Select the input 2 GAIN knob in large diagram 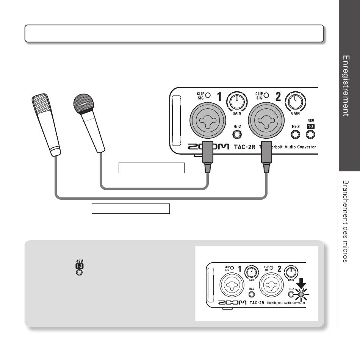click(295, 102)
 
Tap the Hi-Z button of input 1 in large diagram click(237, 134)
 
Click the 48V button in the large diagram click(311, 134)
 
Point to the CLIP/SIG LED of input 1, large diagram click(208, 95)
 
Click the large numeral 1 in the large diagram click(219, 97)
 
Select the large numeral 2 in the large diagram click(278, 97)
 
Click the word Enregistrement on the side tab click(346, 86)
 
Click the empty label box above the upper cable click(151, 167)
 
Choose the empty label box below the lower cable click(130, 208)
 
